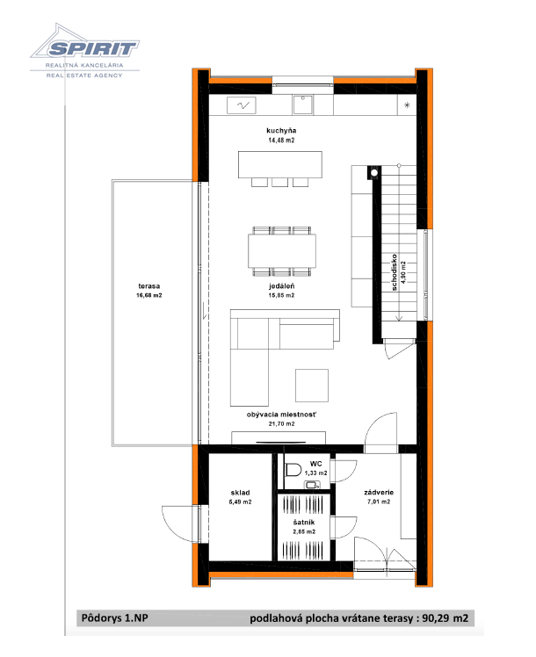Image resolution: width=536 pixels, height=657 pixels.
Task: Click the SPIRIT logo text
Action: point(92,48)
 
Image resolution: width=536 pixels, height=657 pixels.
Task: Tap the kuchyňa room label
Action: point(281,131)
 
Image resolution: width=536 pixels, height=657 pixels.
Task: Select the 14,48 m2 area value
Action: point(281,141)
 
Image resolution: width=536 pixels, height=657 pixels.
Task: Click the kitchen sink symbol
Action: point(302,105)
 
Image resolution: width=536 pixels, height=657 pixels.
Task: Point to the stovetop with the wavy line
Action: point(241,105)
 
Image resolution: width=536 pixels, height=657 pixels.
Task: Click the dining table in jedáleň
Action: point(282,250)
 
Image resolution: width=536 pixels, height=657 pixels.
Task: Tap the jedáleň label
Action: point(281,286)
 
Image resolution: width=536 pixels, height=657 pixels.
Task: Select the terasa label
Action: point(148,286)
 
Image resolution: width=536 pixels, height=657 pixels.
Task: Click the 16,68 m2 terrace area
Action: point(148,295)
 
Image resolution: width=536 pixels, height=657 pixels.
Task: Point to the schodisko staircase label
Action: point(394,272)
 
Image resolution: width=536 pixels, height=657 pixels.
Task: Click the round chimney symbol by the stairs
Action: point(374,173)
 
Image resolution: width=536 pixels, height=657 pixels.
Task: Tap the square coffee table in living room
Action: point(311,386)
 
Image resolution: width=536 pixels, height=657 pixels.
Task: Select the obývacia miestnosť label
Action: point(281,415)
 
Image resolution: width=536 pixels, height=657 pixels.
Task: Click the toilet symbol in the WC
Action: point(293,470)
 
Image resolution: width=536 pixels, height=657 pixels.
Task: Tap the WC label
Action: point(316,464)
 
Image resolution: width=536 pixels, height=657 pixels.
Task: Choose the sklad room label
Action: point(240,493)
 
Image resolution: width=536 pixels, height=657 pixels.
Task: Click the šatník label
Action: point(304,523)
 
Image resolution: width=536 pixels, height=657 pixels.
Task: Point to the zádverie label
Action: point(379,493)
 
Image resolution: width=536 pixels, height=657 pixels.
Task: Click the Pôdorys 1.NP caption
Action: point(114,618)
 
